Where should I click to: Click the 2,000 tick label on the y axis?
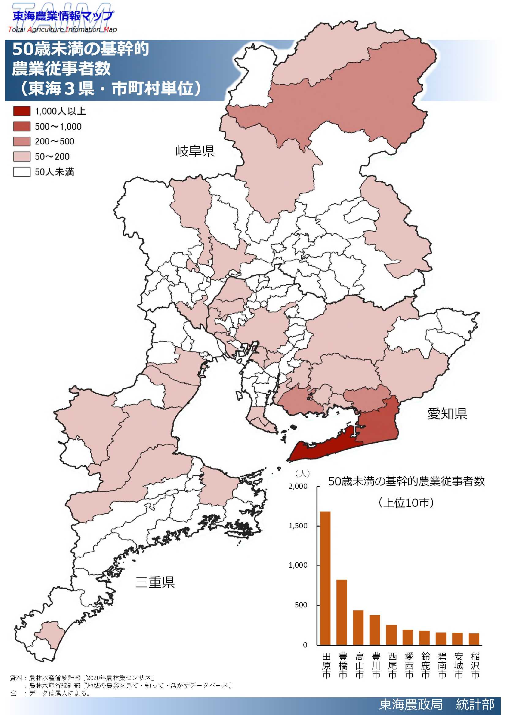pos(298,486)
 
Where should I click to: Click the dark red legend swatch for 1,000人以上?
pos(22,111)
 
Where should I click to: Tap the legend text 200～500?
pos(54,142)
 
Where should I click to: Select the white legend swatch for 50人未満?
pos(22,172)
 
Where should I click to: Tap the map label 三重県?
pos(155,582)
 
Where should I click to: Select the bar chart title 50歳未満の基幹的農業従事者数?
pos(406,481)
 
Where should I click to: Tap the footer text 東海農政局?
pos(411,704)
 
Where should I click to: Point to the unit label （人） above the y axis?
pos(302,474)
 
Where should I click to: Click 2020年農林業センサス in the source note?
pos(119,678)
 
